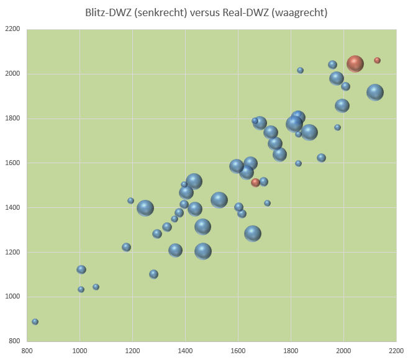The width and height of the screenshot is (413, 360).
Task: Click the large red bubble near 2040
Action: [x=355, y=63]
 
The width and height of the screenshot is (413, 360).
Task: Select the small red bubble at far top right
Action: [x=377, y=60]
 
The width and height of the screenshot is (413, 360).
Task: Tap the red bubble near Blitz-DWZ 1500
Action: [x=255, y=182]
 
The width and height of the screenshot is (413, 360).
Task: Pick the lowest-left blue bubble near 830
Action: [x=35, y=322]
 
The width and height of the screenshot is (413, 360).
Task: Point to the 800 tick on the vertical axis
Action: [x=14, y=341]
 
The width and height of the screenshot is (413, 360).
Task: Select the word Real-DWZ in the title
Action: [x=241, y=12]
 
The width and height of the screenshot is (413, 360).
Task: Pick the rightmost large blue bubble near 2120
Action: [x=374, y=92]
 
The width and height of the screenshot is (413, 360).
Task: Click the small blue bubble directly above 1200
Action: [x=130, y=200]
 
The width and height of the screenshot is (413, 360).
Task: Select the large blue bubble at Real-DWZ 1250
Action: [x=145, y=208]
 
